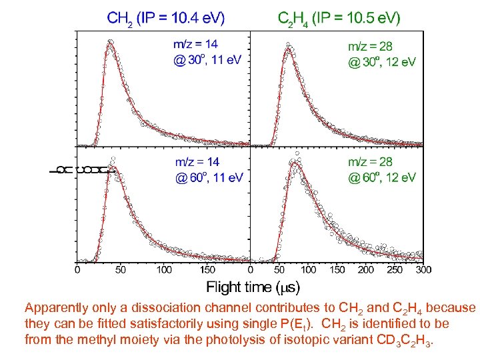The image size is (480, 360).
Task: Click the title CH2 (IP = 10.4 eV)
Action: click(x=166, y=19)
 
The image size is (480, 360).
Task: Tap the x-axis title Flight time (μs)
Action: click(x=253, y=287)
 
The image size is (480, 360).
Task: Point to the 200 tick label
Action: click(x=366, y=270)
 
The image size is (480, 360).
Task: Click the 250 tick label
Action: click(x=395, y=270)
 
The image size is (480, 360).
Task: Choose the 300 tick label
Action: click(x=423, y=270)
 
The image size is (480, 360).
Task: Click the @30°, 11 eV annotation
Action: click(x=207, y=60)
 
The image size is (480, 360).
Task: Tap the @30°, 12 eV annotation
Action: click(x=382, y=62)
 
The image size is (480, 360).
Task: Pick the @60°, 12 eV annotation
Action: click(x=382, y=177)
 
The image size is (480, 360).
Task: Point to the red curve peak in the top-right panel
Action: click(x=288, y=49)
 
